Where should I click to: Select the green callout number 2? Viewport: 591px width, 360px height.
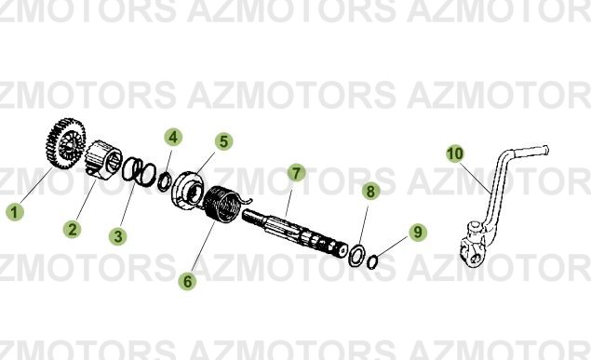(x=73, y=229)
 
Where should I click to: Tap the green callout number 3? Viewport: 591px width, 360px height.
(x=117, y=236)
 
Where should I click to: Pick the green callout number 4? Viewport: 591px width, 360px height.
(x=173, y=138)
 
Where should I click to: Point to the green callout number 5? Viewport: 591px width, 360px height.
(x=223, y=141)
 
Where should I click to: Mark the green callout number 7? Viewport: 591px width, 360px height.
(x=295, y=173)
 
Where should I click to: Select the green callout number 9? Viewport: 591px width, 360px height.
(x=418, y=232)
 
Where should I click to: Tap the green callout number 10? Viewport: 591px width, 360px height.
(x=454, y=153)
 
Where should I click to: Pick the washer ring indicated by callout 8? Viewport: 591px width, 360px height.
(x=356, y=253)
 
